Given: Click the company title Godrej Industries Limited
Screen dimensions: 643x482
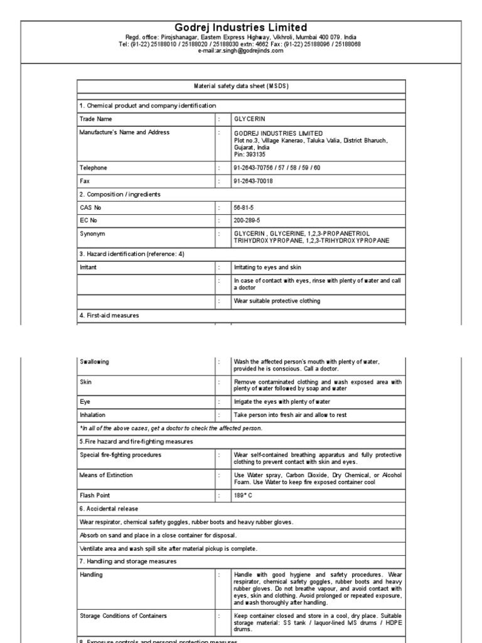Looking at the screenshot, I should click(x=241, y=28).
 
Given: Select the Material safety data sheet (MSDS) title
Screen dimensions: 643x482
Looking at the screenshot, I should click(x=242, y=85).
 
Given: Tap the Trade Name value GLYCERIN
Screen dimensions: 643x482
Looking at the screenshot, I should click(x=250, y=118).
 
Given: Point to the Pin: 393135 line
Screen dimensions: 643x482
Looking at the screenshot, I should click(x=250, y=154).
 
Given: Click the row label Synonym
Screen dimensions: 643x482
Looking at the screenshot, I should click(x=92, y=234).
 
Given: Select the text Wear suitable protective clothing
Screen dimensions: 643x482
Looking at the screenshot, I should click(x=277, y=301).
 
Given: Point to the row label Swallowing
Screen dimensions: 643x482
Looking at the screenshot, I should click(x=95, y=362).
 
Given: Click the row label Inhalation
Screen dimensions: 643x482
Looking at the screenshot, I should click(x=93, y=415).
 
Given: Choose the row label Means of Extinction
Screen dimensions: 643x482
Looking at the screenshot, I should click(x=106, y=475).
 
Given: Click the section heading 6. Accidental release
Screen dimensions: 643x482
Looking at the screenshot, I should click(x=109, y=509).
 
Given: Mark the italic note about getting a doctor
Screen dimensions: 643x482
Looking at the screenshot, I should click(x=171, y=428).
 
